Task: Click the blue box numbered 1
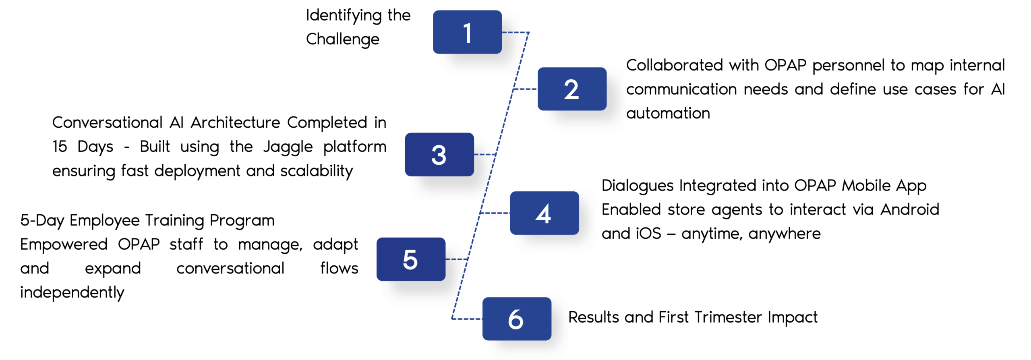tap(467, 32)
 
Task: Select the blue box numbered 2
tap(571, 89)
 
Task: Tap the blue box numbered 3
tap(439, 155)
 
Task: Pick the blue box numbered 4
tap(544, 213)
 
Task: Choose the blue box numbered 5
tap(410, 259)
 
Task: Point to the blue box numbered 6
tap(516, 319)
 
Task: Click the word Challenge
tap(342, 39)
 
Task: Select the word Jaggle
tap(288, 147)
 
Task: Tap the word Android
tap(909, 209)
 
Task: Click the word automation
tap(668, 114)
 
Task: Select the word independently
tap(72, 293)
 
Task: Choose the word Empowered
tap(64, 244)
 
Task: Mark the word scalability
tap(316, 171)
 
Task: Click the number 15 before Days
tap(60, 147)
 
